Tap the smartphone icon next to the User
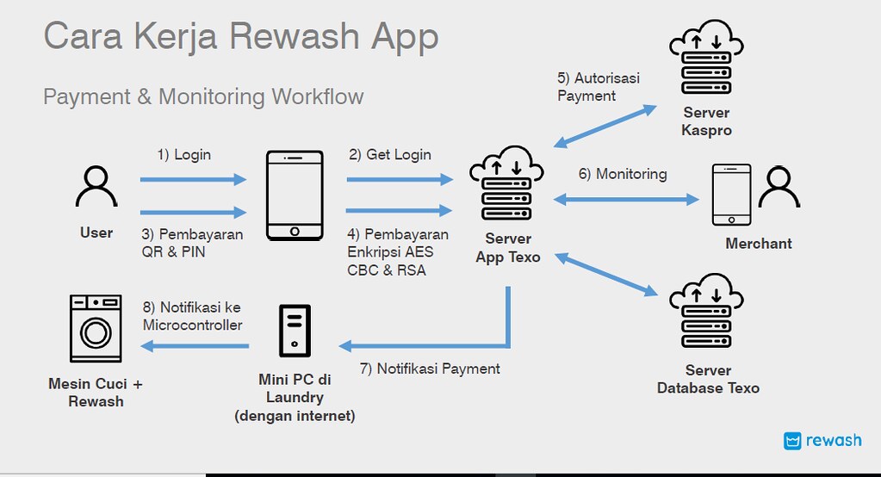click(x=295, y=195)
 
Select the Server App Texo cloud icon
click(x=507, y=186)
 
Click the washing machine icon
click(x=95, y=328)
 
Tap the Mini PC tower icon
click(x=295, y=330)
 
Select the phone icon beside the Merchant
click(x=732, y=197)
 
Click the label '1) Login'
click(x=183, y=155)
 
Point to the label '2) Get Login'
click(x=389, y=155)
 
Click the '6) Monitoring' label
click(x=623, y=174)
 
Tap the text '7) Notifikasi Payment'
click(x=430, y=369)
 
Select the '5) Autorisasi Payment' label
click(x=598, y=87)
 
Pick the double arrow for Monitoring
click(x=625, y=199)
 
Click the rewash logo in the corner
click(x=822, y=441)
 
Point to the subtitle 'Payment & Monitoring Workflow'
click(x=203, y=96)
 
